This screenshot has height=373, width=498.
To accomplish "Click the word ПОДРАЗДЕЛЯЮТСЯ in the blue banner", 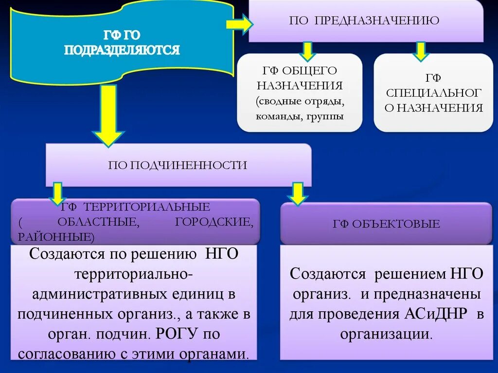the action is [122, 50].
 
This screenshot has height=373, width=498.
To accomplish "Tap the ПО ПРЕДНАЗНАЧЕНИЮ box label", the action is [364, 20].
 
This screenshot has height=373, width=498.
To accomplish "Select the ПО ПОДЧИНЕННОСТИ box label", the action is [178, 165].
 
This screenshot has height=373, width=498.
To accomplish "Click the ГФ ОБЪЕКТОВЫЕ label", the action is [386, 224].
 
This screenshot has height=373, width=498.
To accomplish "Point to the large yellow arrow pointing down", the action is [109, 116].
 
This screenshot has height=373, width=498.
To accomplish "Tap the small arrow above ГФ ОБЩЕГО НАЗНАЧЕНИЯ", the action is [307, 51].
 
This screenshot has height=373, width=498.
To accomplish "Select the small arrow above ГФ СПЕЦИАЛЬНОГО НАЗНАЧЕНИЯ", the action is [420, 51].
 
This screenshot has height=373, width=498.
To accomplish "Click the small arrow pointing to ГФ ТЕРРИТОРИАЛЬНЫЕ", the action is [57, 193].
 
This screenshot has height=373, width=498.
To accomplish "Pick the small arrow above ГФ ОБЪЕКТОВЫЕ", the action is [297, 193].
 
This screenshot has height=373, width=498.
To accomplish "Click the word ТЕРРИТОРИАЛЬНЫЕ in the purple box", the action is [149, 207].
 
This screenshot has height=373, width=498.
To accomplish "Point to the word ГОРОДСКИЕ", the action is [213, 222].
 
